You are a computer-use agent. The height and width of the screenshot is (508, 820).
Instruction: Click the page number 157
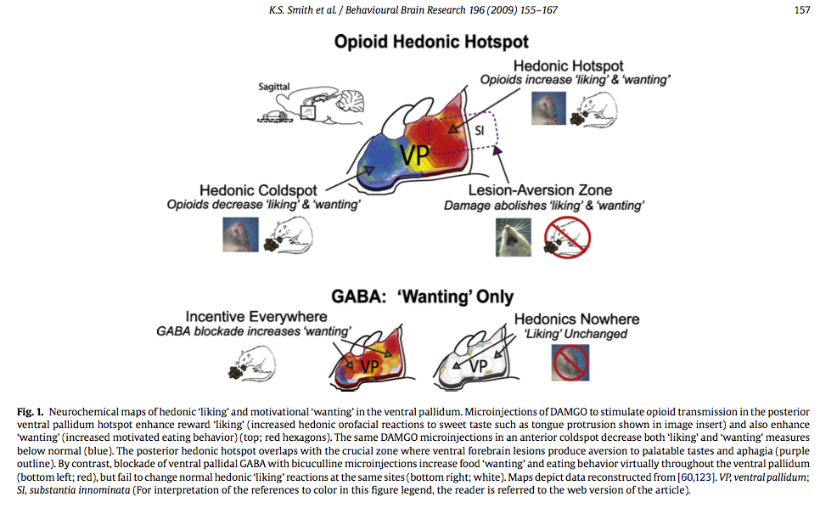point(801,10)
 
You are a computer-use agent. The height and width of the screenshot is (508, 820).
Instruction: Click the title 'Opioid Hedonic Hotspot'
point(431,42)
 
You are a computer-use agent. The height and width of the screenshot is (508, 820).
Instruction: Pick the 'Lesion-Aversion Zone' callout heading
point(542,190)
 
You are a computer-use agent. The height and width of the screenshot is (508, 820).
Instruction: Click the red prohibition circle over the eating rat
point(567,237)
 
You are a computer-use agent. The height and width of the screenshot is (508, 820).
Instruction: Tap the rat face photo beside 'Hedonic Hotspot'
point(547,109)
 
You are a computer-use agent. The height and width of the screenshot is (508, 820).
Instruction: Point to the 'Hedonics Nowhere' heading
point(576,319)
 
